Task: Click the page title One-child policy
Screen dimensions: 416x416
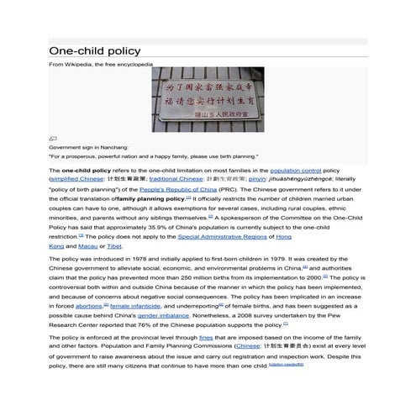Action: pyautogui.click(x=94, y=51)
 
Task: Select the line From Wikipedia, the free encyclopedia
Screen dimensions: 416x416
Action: pyautogui.click(x=102, y=64)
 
